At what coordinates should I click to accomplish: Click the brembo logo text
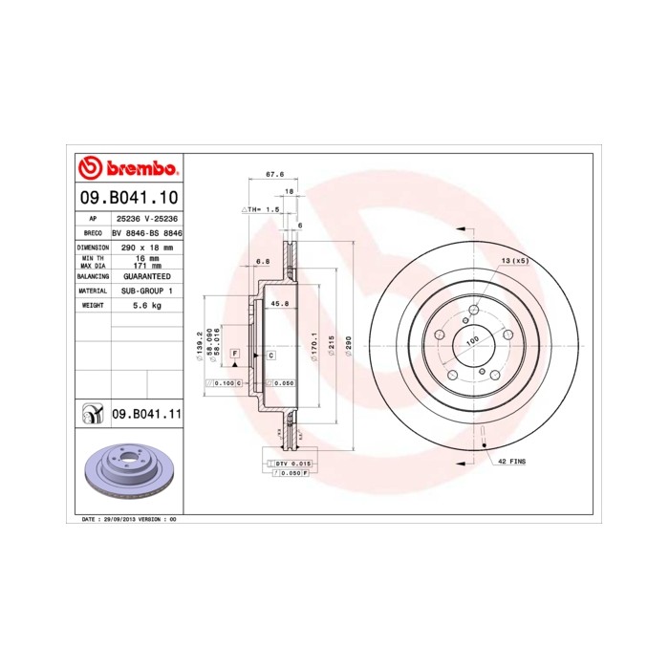pyautogui.click(x=140, y=170)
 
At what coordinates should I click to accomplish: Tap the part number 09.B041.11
pyautogui.click(x=146, y=414)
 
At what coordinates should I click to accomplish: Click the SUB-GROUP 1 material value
pyautogui.click(x=146, y=290)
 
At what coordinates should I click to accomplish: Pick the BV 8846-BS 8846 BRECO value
pyautogui.click(x=146, y=232)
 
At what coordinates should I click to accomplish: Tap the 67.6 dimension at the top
pyautogui.click(x=274, y=175)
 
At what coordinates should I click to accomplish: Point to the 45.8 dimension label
pyautogui.click(x=280, y=304)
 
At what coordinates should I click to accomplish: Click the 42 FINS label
pyautogui.click(x=511, y=461)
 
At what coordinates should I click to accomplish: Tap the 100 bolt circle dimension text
pyautogui.click(x=471, y=340)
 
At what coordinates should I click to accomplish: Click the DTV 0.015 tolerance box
pyautogui.click(x=293, y=463)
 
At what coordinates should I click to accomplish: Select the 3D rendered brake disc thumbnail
pyautogui.click(x=127, y=474)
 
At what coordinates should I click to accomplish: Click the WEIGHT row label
pyautogui.click(x=93, y=305)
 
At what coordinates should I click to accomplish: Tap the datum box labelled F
pyautogui.click(x=232, y=355)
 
